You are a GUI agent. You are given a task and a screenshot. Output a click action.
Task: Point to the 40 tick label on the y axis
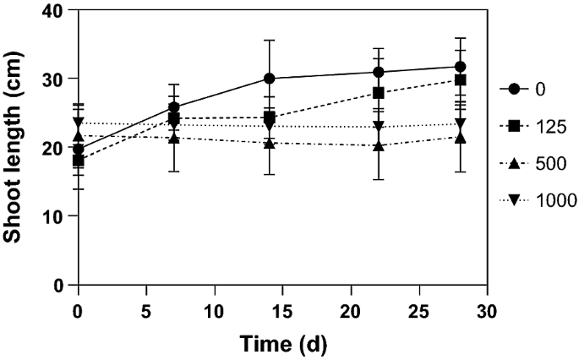(53, 10)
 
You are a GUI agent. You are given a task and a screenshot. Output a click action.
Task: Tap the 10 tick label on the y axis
(53, 216)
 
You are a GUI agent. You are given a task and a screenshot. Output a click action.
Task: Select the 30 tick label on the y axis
(53, 79)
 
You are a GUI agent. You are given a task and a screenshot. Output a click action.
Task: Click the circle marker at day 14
(269, 78)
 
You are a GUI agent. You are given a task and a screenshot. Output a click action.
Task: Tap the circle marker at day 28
(460, 67)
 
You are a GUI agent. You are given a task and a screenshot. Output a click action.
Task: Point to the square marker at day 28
(460, 80)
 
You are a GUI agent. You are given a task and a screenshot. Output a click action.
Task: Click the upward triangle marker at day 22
(379, 145)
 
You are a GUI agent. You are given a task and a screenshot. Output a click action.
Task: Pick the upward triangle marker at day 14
(269, 143)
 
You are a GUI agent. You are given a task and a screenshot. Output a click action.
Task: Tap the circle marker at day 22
(379, 72)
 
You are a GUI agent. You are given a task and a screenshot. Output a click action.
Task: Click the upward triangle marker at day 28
(460, 137)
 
